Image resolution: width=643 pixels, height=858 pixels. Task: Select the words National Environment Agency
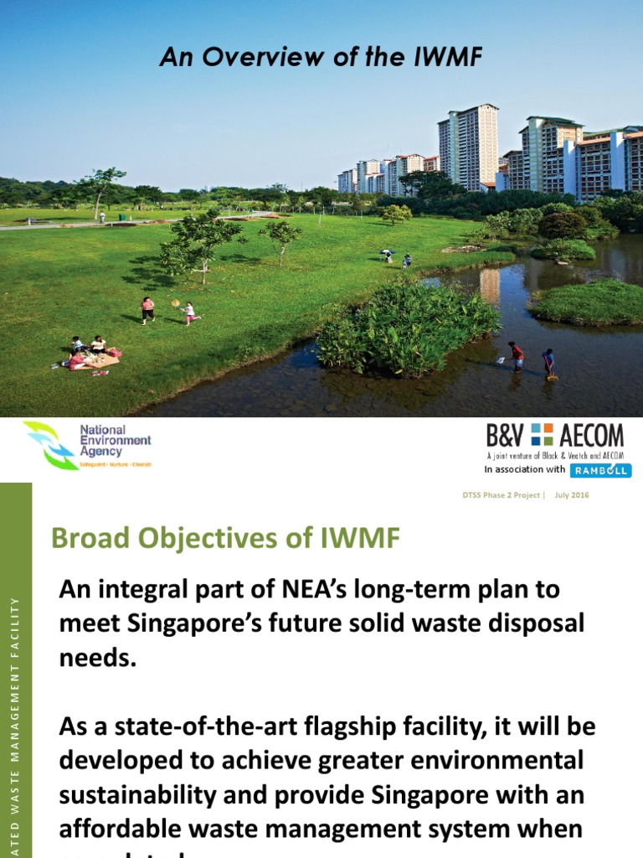click(116, 441)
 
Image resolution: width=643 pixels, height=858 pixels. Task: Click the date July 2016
click(572, 495)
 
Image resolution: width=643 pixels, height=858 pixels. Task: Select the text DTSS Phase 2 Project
click(502, 495)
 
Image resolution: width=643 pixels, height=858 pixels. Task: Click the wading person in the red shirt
click(517, 355)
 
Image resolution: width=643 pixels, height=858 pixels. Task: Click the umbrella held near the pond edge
click(386, 251)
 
